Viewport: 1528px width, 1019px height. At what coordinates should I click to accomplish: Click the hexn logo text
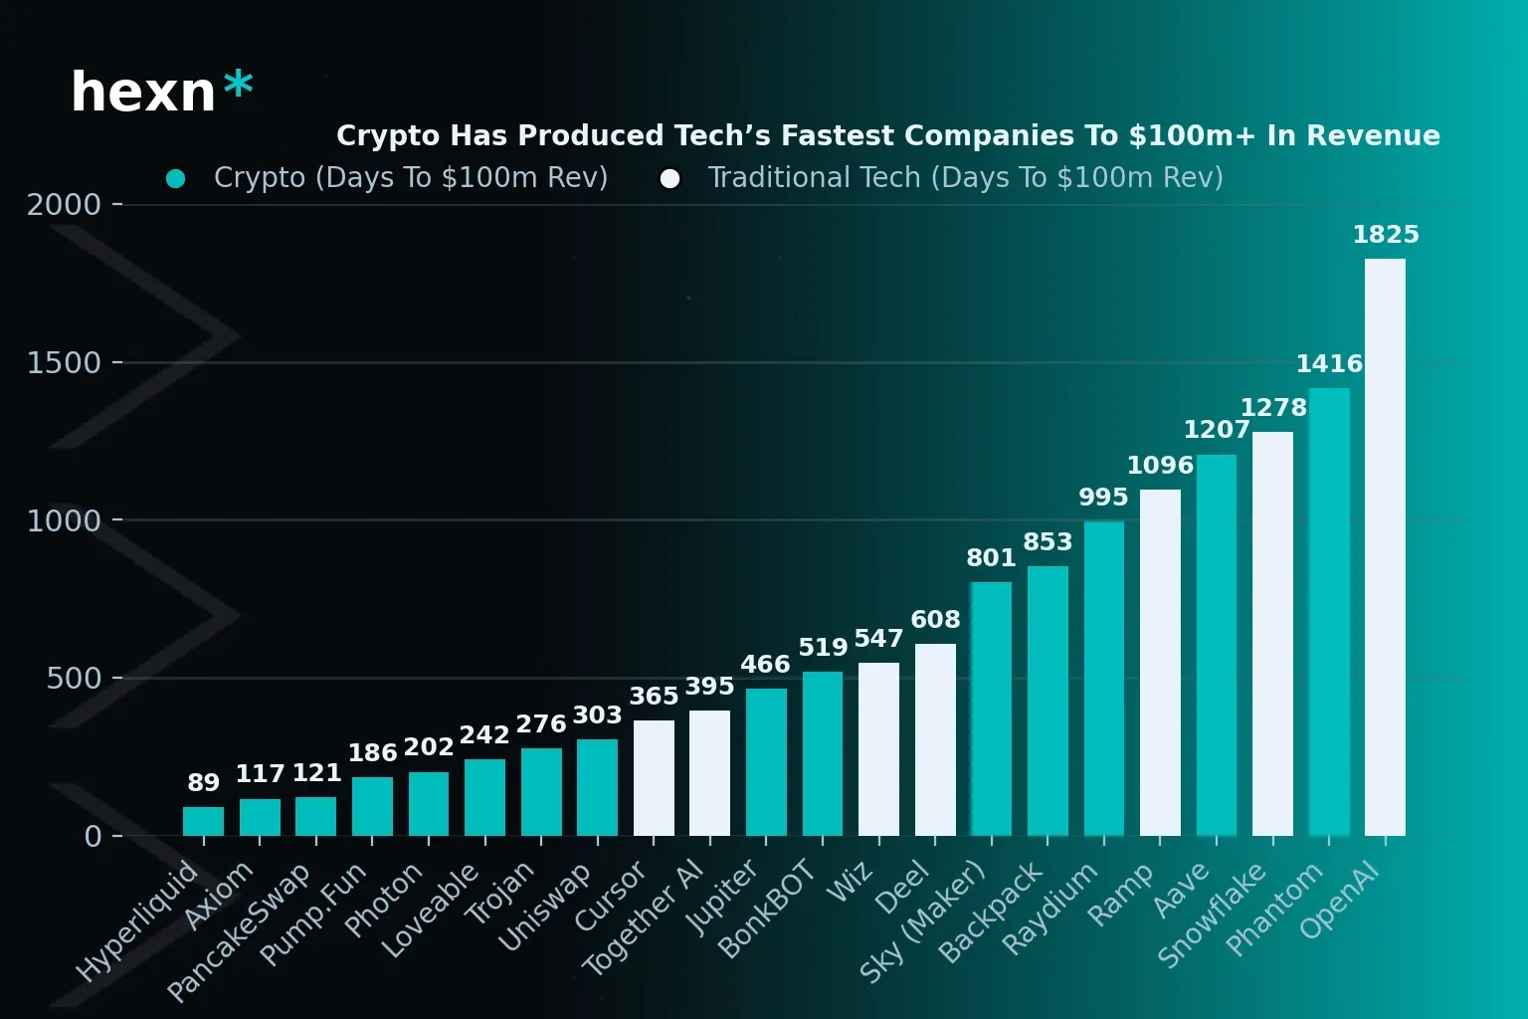(143, 93)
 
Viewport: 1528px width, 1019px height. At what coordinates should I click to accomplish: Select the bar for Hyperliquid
(203, 821)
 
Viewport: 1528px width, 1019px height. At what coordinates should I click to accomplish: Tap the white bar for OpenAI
(1385, 547)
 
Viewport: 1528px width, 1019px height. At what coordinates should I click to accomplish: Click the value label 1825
(1385, 235)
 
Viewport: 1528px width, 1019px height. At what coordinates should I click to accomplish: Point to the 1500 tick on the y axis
(64, 362)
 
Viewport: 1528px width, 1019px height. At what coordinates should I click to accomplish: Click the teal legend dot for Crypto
(176, 178)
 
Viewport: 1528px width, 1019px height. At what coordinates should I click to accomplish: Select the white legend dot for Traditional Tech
(670, 178)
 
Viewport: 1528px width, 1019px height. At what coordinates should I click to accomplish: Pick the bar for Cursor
(654, 778)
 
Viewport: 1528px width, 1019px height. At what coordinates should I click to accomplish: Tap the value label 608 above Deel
(935, 620)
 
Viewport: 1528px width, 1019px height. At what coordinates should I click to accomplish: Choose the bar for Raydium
(1103, 679)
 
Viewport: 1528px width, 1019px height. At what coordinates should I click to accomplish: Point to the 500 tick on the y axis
(74, 679)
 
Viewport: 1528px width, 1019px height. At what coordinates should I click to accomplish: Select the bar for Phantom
(1329, 612)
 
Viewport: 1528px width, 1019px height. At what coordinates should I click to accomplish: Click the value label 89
(203, 783)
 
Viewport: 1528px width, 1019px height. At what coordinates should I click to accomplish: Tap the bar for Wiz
(878, 749)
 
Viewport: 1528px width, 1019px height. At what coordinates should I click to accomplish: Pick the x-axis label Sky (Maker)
(921, 921)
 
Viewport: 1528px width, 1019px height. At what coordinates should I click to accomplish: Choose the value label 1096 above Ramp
(1160, 466)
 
